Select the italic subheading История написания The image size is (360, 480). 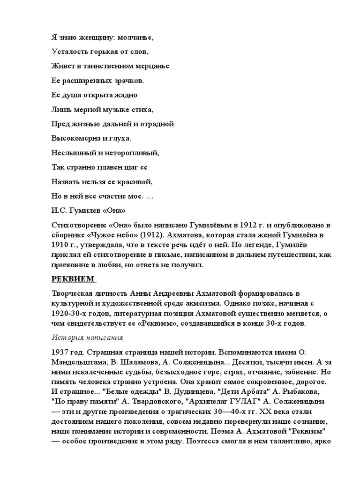coord(87,337)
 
